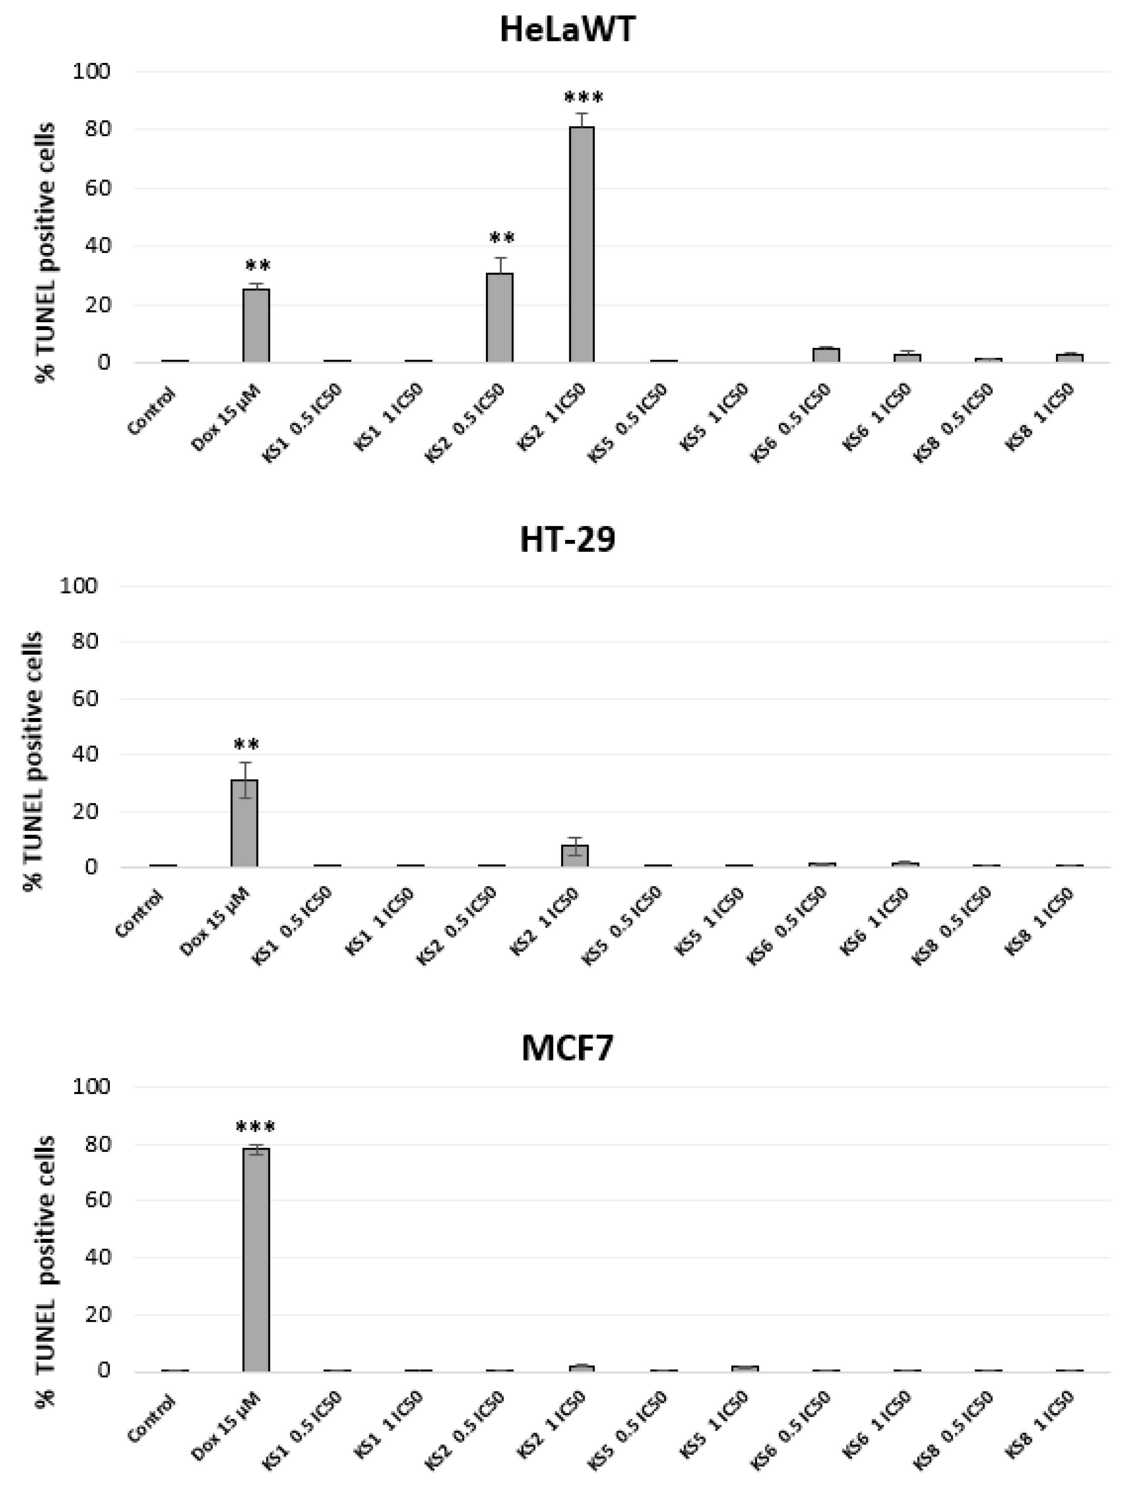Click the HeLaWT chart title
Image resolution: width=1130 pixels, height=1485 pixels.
pyautogui.click(x=567, y=30)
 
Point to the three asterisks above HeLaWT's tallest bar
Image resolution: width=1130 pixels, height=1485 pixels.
pyautogui.click(x=583, y=99)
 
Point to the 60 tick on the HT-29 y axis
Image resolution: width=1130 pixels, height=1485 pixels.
pyautogui.click(x=84, y=699)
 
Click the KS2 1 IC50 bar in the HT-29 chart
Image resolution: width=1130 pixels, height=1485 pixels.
pyautogui.click(x=575, y=856)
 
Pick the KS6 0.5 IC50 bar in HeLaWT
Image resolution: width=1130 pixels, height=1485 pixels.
pyautogui.click(x=826, y=355)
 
